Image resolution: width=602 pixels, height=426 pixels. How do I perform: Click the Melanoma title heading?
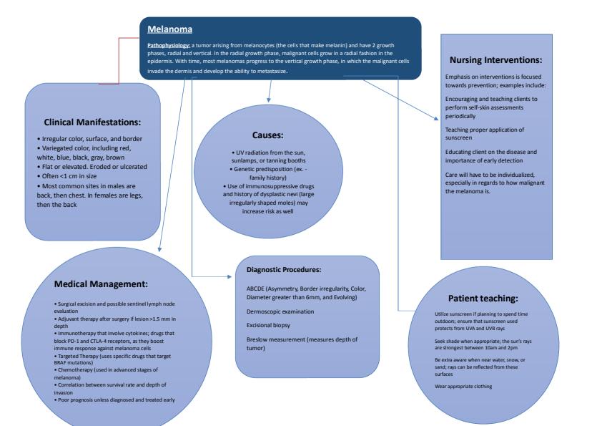click(169, 30)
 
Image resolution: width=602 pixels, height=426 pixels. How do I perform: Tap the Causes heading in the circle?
click(269, 134)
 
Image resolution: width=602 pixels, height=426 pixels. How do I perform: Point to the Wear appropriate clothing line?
click(464, 387)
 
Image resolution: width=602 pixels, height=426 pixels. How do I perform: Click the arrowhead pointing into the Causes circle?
click(269, 98)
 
